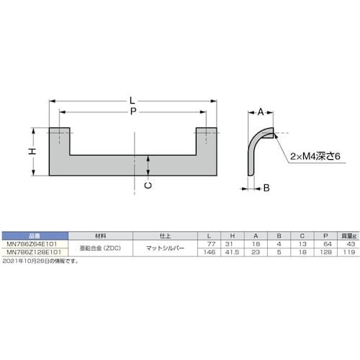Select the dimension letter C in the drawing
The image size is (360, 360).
coord(148,185)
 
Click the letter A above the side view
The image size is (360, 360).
coord(261,112)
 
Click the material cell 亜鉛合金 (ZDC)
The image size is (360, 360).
coord(101,247)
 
